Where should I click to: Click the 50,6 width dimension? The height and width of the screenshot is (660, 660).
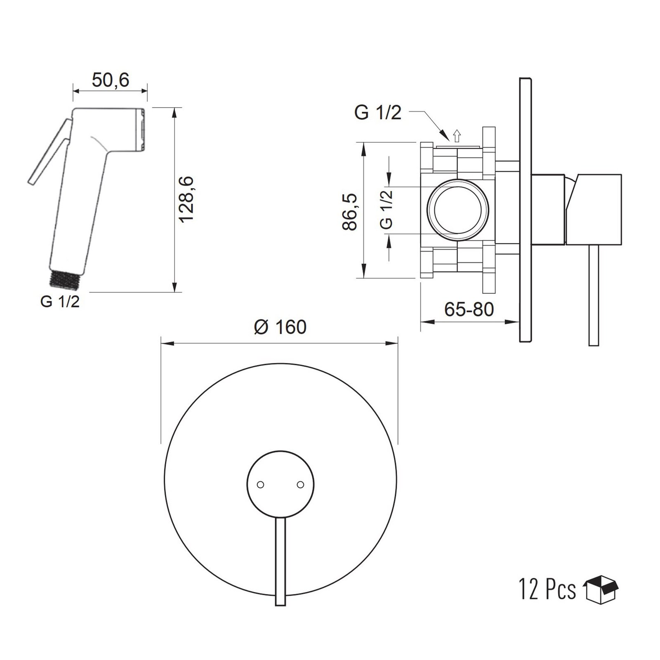(110, 80)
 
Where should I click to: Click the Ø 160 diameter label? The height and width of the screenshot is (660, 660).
(280, 327)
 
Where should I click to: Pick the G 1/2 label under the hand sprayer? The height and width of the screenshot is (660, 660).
(60, 302)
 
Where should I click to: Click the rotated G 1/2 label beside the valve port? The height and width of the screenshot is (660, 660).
(386, 210)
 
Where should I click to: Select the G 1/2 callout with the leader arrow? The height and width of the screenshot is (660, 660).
(377, 113)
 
